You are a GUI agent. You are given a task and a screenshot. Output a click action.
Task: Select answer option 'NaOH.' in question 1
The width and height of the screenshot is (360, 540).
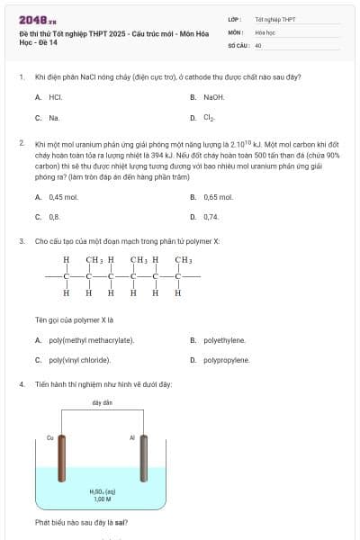213,96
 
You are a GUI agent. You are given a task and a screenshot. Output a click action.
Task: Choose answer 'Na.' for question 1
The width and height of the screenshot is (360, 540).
54,117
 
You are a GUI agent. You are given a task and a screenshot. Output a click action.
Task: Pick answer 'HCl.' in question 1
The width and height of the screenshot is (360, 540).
55,96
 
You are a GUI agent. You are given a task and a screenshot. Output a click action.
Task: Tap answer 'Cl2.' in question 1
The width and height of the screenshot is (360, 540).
210,117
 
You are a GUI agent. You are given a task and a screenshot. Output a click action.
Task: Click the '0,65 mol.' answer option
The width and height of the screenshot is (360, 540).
218,196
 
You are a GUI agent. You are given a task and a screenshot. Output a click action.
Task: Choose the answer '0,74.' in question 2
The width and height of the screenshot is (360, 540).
211,216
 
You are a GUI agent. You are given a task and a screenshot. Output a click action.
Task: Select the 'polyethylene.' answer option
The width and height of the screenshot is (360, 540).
224,340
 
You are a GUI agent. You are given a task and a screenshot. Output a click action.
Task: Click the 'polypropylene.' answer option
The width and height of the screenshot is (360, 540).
226,360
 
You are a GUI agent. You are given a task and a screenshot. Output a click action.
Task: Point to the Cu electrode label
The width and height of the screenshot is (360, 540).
50,437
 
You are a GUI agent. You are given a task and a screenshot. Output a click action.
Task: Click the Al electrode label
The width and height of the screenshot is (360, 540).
131,437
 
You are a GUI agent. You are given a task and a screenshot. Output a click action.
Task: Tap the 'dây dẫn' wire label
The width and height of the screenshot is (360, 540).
102,402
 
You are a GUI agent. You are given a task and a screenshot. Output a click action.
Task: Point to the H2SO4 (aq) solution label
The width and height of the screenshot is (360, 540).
102,491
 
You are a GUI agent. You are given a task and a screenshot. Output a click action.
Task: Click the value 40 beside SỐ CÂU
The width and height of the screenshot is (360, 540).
258,44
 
